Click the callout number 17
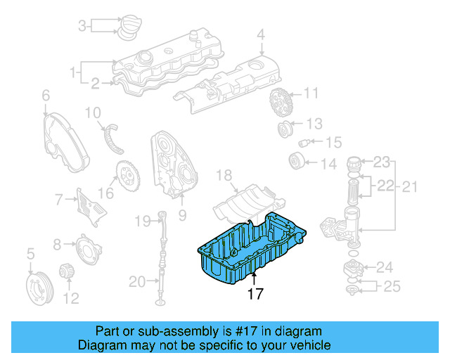[x=255, y=294]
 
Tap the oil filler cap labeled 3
[x=127, y=27]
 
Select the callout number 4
[x=260, y=34]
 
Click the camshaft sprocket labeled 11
[x=280, y=103]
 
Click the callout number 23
[x=380, y=162]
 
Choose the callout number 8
[x=57, y=245]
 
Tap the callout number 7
[x=60, y=200]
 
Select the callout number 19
[x=142, y=221]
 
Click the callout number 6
[x=46, y=95]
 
